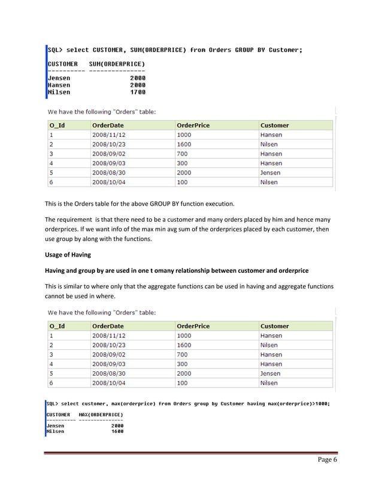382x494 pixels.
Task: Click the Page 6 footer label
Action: coord(325,460)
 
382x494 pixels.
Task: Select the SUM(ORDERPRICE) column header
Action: coord(117,64)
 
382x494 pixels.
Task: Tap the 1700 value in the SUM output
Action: coord(138,92)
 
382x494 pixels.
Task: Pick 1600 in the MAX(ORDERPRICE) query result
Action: coord(117,431)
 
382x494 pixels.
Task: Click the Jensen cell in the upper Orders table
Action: coord(270,173)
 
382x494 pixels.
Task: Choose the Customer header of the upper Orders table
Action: coord(274,126)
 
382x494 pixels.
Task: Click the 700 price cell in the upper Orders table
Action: coord(183,154)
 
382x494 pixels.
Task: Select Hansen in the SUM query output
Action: coord(59,85)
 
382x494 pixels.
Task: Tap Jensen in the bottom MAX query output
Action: coord(56,425)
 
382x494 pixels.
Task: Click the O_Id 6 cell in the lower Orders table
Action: coord(52,383)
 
